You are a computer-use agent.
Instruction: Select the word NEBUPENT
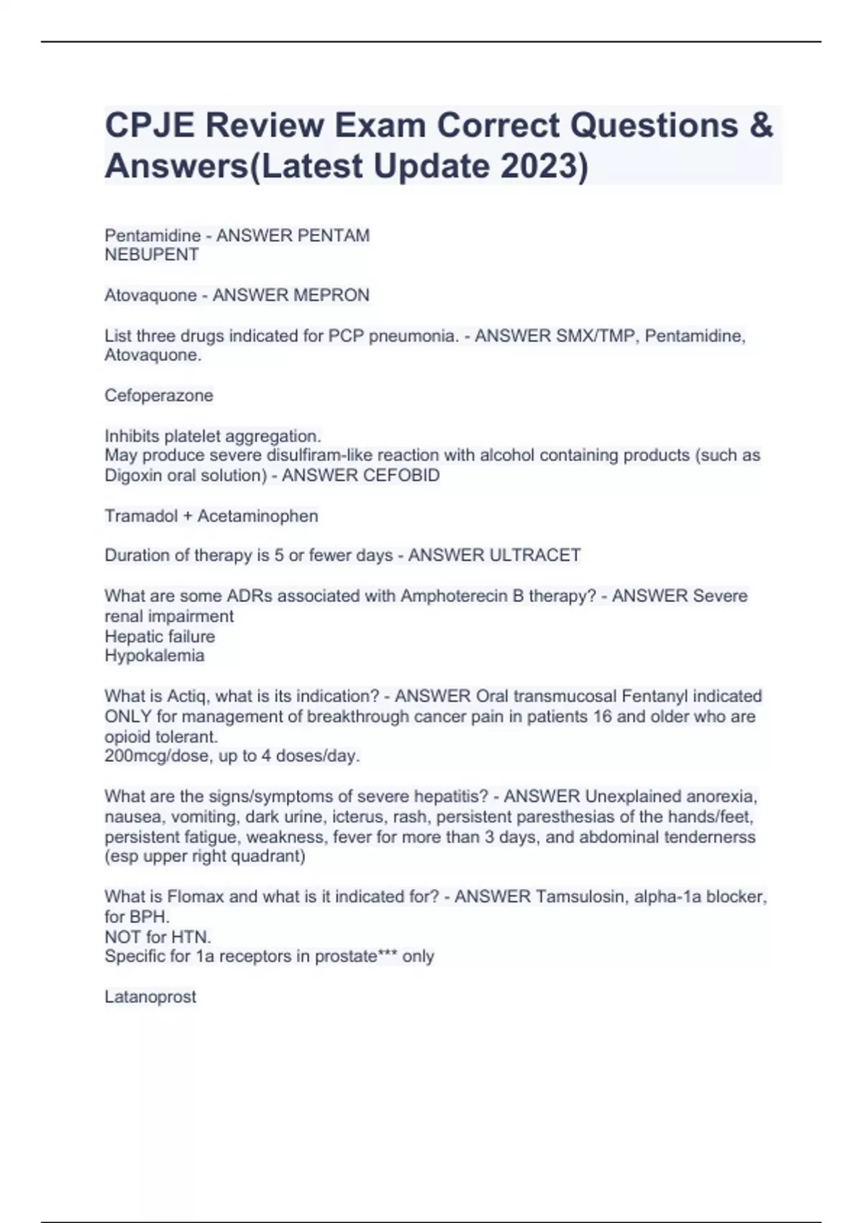(x=152, y=255)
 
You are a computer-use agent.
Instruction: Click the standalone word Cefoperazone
(x=159, y=396)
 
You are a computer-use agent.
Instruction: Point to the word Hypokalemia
(x=155, y=656)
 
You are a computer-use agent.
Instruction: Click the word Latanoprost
(x=150, y=997)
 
